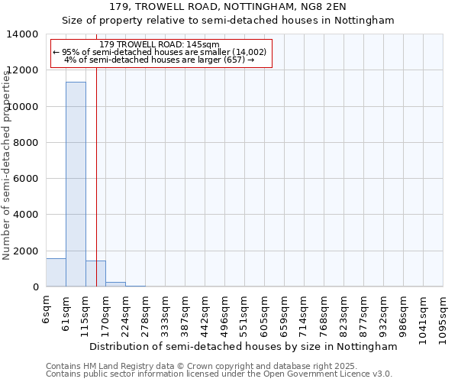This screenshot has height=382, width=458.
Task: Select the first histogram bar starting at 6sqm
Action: point(56,273)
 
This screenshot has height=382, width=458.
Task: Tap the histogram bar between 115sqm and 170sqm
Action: point(95,274)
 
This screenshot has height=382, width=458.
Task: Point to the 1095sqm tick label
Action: point(443,317)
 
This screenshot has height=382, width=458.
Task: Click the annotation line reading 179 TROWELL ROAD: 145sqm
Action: point(160,44)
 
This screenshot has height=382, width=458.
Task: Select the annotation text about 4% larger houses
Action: point(160,60)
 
